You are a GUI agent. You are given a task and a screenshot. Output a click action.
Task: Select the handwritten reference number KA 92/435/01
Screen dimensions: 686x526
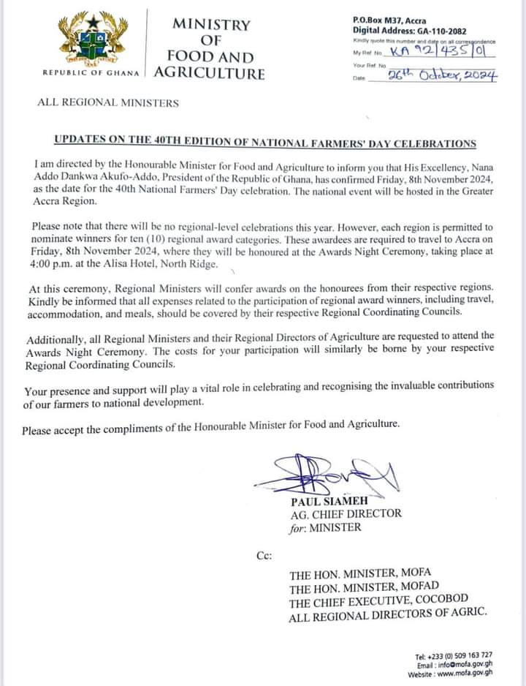(437, 52)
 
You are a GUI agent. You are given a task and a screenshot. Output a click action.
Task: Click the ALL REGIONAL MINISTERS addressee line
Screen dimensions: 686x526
(108, 102)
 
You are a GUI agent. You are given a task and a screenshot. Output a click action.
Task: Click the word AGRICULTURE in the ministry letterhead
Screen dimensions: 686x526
(210, 73)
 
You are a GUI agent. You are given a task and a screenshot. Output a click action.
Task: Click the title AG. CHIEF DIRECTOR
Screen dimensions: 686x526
(346, 513)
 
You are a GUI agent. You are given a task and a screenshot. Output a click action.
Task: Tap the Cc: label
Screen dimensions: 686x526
(264, 556)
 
